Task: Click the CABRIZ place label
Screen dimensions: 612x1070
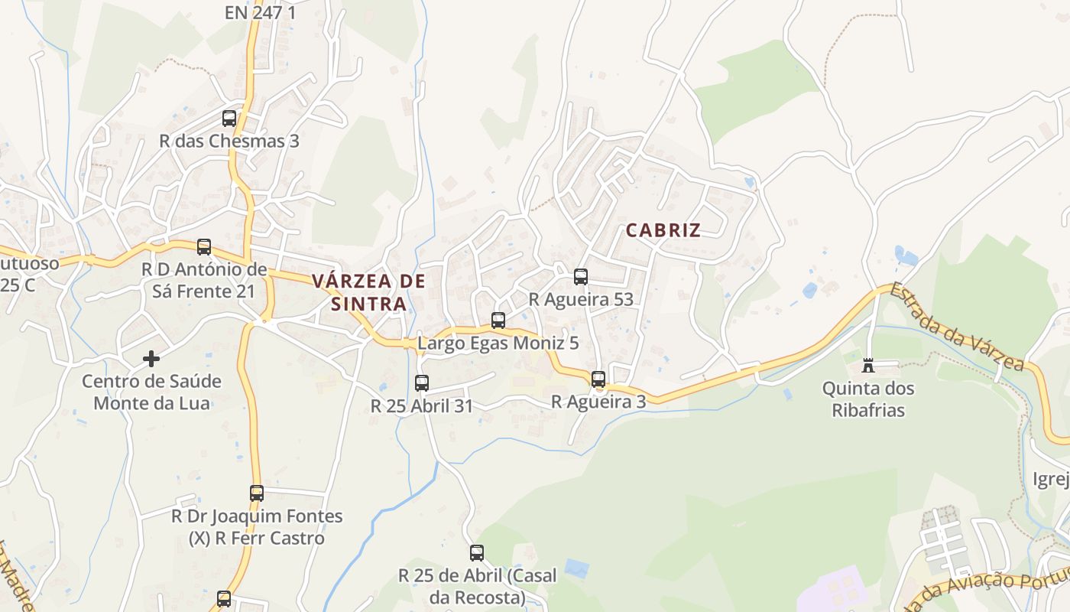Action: coord(663,229)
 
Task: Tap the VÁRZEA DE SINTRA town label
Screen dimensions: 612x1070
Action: coord(368,292)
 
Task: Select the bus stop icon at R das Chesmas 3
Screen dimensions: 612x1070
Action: coord(229,119)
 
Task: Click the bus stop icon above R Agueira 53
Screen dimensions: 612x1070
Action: coord(581,277)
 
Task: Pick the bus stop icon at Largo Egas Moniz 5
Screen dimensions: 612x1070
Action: coord(498,321)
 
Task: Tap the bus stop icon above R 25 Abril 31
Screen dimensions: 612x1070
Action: coord(421,383)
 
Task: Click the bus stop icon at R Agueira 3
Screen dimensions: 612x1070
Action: coord(598,379)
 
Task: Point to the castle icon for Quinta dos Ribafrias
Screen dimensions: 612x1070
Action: coord(867,366)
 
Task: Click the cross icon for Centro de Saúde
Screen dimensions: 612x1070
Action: coord(151,358)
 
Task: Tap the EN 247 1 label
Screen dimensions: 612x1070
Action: coord(260,12)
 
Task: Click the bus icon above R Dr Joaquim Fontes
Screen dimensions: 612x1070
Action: coord(257,493)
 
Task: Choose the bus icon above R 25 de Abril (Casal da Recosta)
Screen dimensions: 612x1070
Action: coord(477,552)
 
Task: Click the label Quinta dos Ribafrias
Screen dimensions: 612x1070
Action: coord(867,399)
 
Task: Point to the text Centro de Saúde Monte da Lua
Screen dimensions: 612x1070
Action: coord(151,392)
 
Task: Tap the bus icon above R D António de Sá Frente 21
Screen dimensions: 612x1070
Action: coord(204,247)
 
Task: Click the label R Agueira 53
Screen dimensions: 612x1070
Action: coord(581,300)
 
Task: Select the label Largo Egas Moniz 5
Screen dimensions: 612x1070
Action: coord(498,343)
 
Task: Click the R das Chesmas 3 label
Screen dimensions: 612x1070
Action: coord(229,142)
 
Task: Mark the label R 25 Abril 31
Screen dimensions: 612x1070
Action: coord(422,406)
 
